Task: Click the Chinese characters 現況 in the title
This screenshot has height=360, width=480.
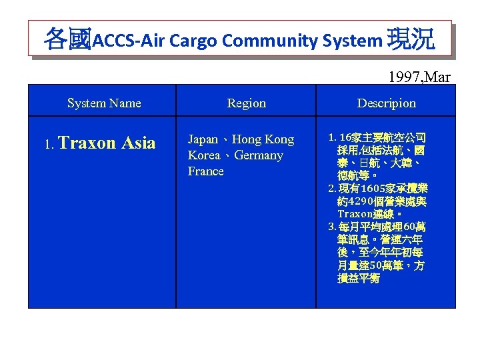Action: pos(411,39)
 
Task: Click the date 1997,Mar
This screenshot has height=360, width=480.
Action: pos(419,77)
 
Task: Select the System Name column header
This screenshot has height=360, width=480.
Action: pos(104,103)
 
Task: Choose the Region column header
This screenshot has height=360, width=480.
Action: pos(246,103)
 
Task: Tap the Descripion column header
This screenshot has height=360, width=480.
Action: pos(386,103)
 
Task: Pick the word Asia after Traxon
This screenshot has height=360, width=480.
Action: pos(139,143)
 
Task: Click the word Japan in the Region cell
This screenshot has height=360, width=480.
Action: pos(203,139)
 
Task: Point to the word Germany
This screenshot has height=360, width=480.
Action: pos(258,155)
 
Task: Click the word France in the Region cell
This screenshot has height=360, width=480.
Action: pos(206,171)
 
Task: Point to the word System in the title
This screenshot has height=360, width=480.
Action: pos(350,41)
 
